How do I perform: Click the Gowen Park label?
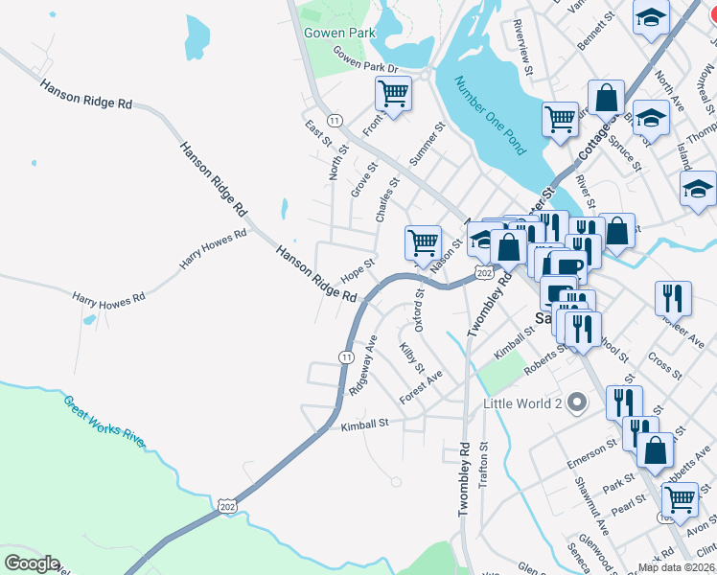click(340, 33)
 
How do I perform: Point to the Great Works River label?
click(104, 421)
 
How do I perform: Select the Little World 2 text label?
click(522, 402)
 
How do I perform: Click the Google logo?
click(32, 563)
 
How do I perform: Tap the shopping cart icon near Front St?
click(393, 94)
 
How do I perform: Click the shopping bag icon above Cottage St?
click(606, 97)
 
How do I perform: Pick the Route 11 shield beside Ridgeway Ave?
click(345, 356)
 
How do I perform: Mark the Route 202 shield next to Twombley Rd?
click(484, 274)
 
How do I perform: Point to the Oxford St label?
click(419, 309)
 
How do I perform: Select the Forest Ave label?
click(421, 388)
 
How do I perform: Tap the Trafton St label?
click(483, 466)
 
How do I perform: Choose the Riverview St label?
click(522, 41)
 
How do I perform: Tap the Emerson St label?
click(592, 448)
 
